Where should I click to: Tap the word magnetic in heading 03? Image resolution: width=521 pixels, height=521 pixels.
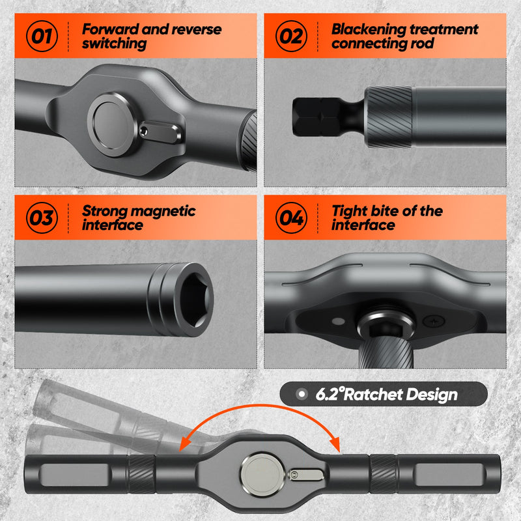coord(165,211)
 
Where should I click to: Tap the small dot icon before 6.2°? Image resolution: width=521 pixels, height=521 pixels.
coord(301,395)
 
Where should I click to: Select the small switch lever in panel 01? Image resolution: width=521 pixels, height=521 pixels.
coord(160,134)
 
